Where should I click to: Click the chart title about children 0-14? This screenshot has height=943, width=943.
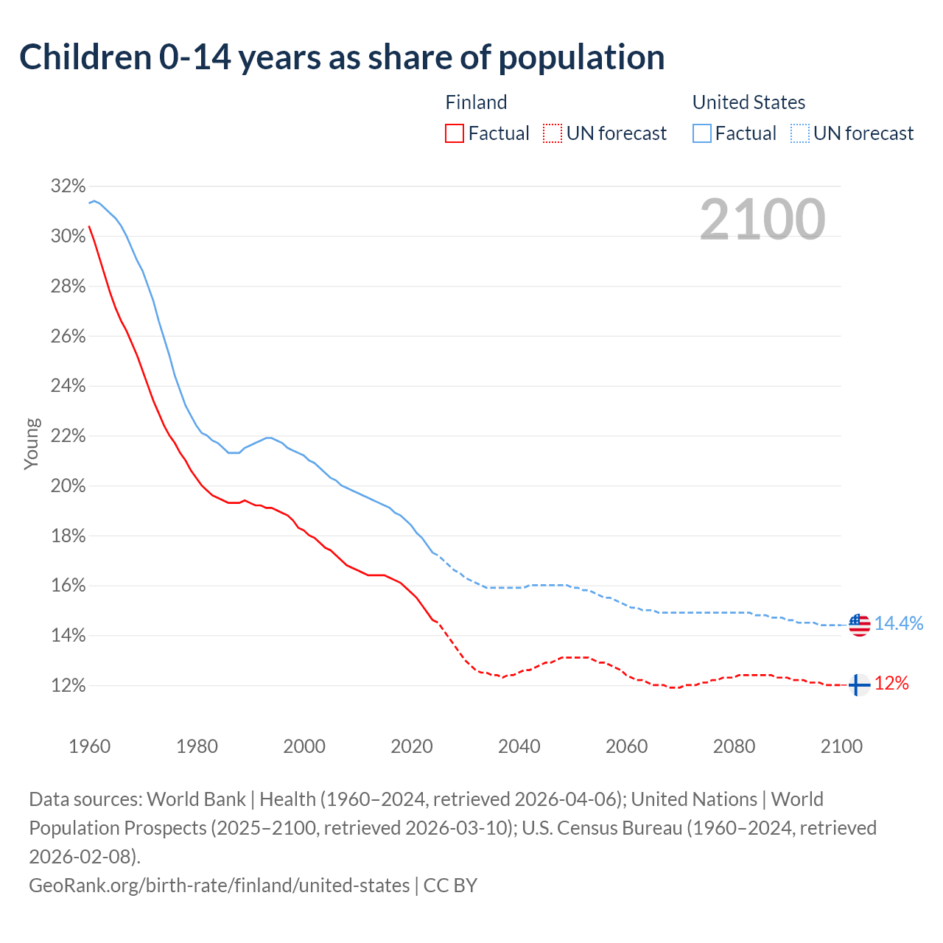[x=342, y=57]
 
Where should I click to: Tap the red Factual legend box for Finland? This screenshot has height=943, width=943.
[x=455, y=133]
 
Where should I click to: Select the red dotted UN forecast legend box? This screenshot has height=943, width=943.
[x=552, y=133]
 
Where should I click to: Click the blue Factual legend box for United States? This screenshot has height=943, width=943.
[x=702, y=133]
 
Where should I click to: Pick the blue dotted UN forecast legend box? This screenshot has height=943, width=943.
[x=799, y=133]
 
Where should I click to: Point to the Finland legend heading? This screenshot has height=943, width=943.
[x=476, y=102]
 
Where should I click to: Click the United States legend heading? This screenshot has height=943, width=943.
[x=749, y=102]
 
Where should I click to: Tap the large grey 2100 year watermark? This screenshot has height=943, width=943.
[x=762, y=219]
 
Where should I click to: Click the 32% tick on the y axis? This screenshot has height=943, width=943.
[x=68, y=186]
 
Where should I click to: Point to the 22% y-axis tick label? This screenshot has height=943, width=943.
[x=68, y=435]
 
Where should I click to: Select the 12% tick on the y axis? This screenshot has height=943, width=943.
[x=68, y=685]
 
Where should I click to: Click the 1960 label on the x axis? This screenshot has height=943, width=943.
[x=89, y=746]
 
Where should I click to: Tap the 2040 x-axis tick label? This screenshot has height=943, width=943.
[x=519, y=746]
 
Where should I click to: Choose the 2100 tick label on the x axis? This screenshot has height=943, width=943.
[x=841, y=746]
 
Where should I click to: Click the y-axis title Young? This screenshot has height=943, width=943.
[x=32, y=444]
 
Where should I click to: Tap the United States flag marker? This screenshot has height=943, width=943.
[x=859, y=625]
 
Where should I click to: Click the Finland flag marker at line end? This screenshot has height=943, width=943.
[x=859, y=685]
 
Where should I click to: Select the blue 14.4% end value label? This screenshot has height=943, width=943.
[x=899, y=623]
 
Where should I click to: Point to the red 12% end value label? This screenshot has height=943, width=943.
[x=891, y=684]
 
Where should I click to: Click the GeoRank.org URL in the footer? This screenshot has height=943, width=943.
[x=219, y=885]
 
